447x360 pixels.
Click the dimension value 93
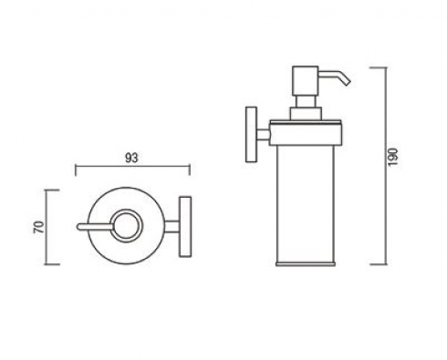point(131,158)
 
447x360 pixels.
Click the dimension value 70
point(39,227)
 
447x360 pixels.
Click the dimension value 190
point(393,157)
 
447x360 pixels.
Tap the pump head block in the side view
point(306,80)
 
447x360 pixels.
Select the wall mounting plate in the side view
point(251,134)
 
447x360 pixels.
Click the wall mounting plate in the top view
point(185,227)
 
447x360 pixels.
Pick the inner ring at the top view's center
point(127,226)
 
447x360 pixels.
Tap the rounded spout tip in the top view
point(78,227)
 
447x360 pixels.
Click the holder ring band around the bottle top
point(307,133)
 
